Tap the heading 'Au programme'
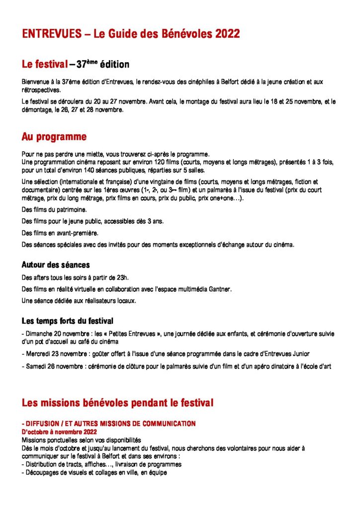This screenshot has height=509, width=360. coord(54,137)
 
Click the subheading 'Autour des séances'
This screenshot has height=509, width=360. coord(56,265)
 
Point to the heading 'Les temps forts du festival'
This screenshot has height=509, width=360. coord(68,321)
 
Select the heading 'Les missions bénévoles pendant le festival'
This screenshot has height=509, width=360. coord(117,403)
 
